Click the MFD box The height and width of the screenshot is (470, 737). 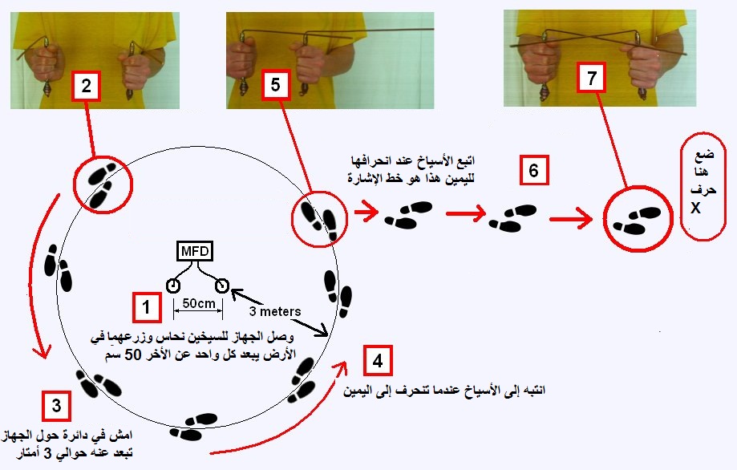(195, 252)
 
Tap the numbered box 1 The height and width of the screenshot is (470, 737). (146, 307)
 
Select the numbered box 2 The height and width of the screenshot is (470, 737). (86, 86)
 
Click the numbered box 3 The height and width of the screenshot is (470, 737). (56, 406)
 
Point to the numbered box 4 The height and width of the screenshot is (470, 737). (378, 360)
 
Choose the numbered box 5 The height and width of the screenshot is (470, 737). (275, 84)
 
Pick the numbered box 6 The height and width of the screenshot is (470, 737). (534, 170)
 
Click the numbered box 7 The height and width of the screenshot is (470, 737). (592, 78)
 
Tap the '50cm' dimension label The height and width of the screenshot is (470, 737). (198, 304)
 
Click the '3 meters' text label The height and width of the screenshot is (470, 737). (275, 311)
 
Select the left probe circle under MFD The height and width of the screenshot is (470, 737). (173, 286)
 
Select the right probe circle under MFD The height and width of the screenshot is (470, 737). (222, 286)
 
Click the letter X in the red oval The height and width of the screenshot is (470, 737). (696, 208)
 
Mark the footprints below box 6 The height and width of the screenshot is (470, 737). (512, 217)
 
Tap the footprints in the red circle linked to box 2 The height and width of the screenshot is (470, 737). (102, 185)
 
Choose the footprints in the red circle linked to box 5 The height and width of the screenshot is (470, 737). (318, 221)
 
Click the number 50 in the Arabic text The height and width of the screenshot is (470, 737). (132, 355)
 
